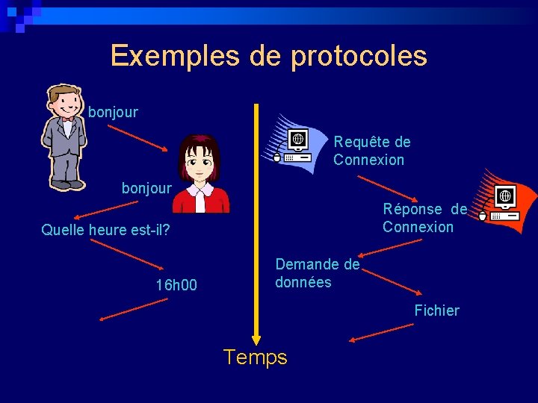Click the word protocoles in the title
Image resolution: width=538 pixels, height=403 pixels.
(x=359, y=57)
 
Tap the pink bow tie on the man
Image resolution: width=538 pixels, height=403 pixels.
(x=69, y=119)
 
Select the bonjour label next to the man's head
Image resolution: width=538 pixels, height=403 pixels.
(x=113, y=113)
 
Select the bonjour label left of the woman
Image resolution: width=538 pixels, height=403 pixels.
(x=146, y=188)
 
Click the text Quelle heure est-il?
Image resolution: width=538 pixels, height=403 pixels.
(x=105, y=230)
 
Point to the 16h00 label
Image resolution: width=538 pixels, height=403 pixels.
(x=176, y=284)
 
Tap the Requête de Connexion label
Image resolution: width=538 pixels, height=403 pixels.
(x=371, y=151)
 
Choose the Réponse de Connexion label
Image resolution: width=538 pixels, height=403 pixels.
(x=424, y=218)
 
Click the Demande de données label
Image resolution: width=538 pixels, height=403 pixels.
(x=317, y=273)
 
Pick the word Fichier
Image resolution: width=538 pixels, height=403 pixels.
(x=437, y=310)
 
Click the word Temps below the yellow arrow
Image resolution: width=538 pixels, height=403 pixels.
(x=255, y=357)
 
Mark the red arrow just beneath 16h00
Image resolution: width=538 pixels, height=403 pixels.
(x=134, y=309)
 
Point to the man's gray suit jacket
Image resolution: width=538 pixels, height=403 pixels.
(x=65, y=146)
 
